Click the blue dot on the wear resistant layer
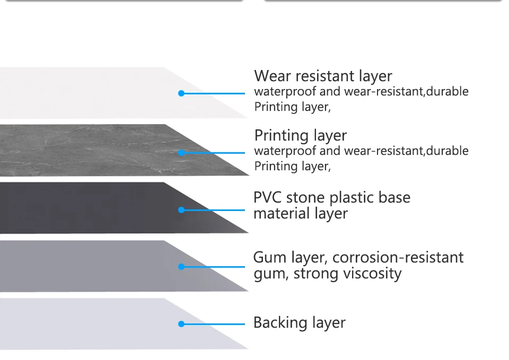point(181,93)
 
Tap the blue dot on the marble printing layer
point(181,153)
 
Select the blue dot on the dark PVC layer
point(181,210)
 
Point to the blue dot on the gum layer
point(181,267)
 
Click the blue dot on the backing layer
point(181,324)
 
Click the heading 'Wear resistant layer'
point(323,76)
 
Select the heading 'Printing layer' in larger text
point(300,135)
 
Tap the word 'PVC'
point(268,198)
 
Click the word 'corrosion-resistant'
point(398,258)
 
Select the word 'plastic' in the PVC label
point(353,198)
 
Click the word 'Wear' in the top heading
point(273,76)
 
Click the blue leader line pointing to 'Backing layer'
point(215,324)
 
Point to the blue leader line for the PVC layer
point(215,210)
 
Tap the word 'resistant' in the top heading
point(323,76)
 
